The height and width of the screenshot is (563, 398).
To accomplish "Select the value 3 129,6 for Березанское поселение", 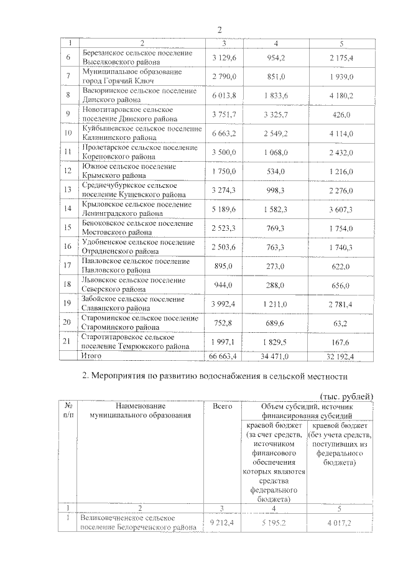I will click(x=223, y=58).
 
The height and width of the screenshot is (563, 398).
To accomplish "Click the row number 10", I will click(x=69, y=133).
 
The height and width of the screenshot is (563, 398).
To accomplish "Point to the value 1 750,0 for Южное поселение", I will click(x=223, y=171).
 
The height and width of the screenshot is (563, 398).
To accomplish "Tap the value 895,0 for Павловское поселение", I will click(x=223, y=266).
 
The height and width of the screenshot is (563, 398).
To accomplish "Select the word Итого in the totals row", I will click(x=93, y=355).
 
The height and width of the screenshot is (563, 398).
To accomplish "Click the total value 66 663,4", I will click(x=223, y=355).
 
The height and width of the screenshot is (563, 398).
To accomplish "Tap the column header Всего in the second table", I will click(x=223, y=406).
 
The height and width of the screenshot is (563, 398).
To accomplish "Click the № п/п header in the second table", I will click(x=68, y=411).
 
